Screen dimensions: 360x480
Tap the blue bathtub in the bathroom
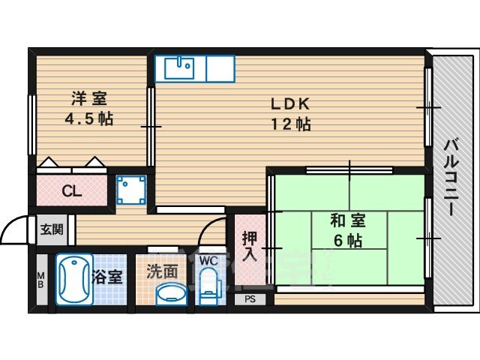(x=73, y=280)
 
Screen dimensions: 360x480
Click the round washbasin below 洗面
(x=172, y=294)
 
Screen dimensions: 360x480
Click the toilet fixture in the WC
(x=208, y=288)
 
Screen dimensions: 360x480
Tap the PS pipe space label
(x=250, y=298)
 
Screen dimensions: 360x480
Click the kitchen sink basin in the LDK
(x=178, y=68)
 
